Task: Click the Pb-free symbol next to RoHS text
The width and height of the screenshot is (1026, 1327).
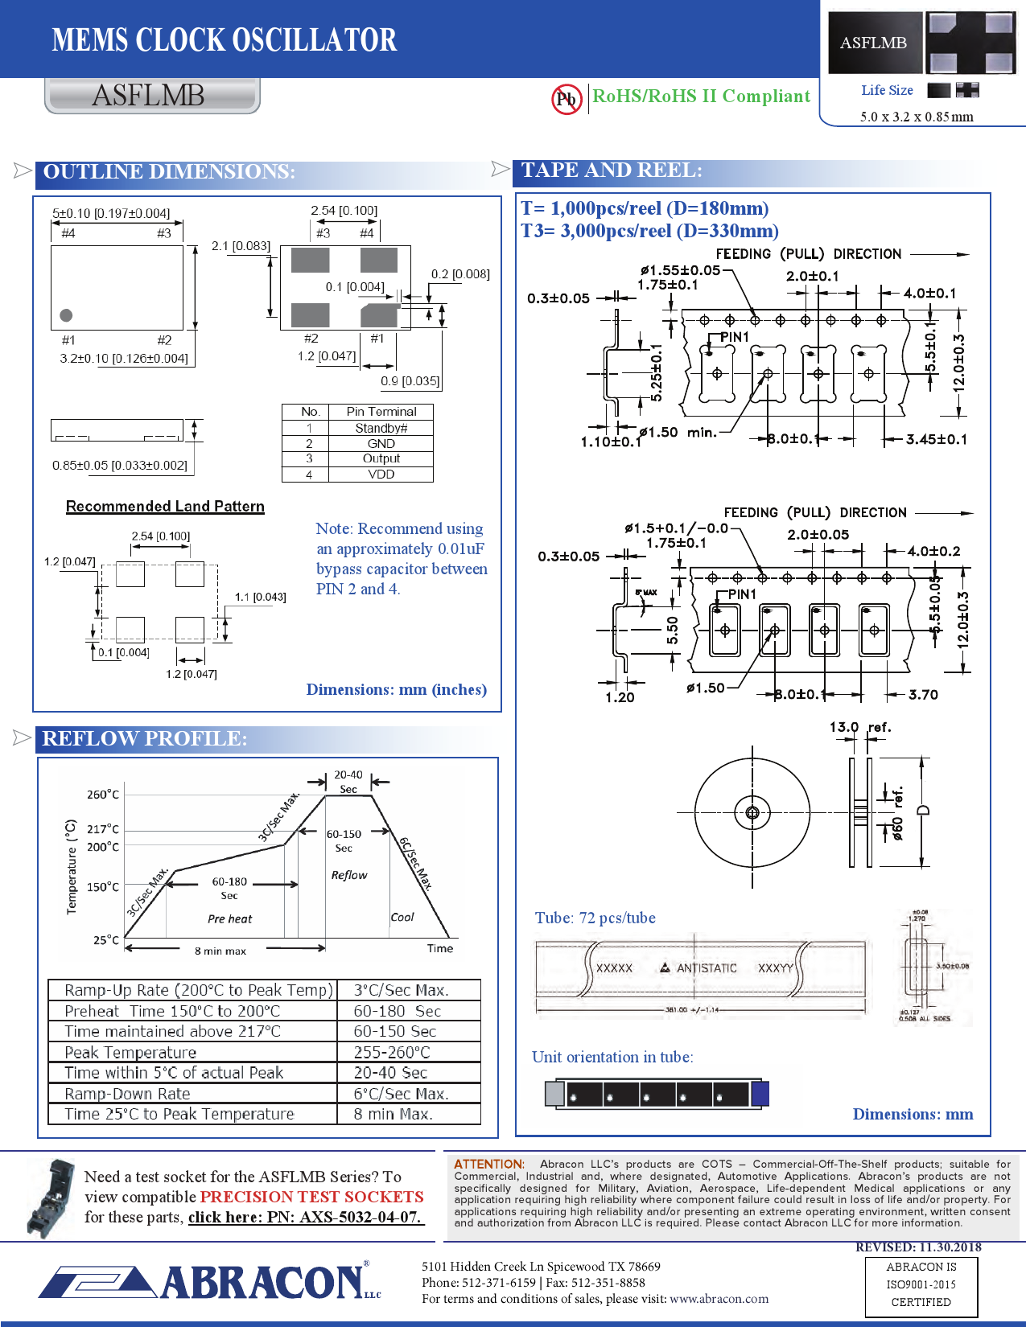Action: point(567,99)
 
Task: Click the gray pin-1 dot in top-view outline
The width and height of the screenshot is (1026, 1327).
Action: point(66,315)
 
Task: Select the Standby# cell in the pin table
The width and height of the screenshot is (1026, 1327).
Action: point(381,428)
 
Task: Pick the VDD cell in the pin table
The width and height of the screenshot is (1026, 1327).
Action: point(381,475)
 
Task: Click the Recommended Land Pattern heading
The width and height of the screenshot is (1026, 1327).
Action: point(165,506)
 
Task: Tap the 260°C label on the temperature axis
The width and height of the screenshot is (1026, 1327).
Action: point(103,795)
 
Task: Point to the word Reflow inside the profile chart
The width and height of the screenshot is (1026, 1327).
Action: point(348,875)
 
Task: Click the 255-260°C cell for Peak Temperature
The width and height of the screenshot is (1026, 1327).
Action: point(392,1052)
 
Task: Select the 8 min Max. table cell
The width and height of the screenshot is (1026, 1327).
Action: point(393,1114)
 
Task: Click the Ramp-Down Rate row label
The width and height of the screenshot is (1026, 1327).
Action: point(127,1094)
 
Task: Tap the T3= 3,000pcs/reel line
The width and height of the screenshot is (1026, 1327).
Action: point(649,231)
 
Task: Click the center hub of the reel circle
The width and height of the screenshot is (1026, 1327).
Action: point(752,812)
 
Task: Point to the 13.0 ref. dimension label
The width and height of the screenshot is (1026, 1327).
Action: point(859,727)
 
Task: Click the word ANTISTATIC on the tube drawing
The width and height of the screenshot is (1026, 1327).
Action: point(706,968)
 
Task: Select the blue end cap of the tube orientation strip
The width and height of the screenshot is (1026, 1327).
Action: point(760,1094)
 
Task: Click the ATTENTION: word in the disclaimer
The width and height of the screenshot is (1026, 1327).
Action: point(488,1164)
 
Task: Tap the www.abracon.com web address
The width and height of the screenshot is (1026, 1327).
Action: point(719,1298)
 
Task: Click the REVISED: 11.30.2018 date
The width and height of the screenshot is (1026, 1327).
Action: point(917,1247)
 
